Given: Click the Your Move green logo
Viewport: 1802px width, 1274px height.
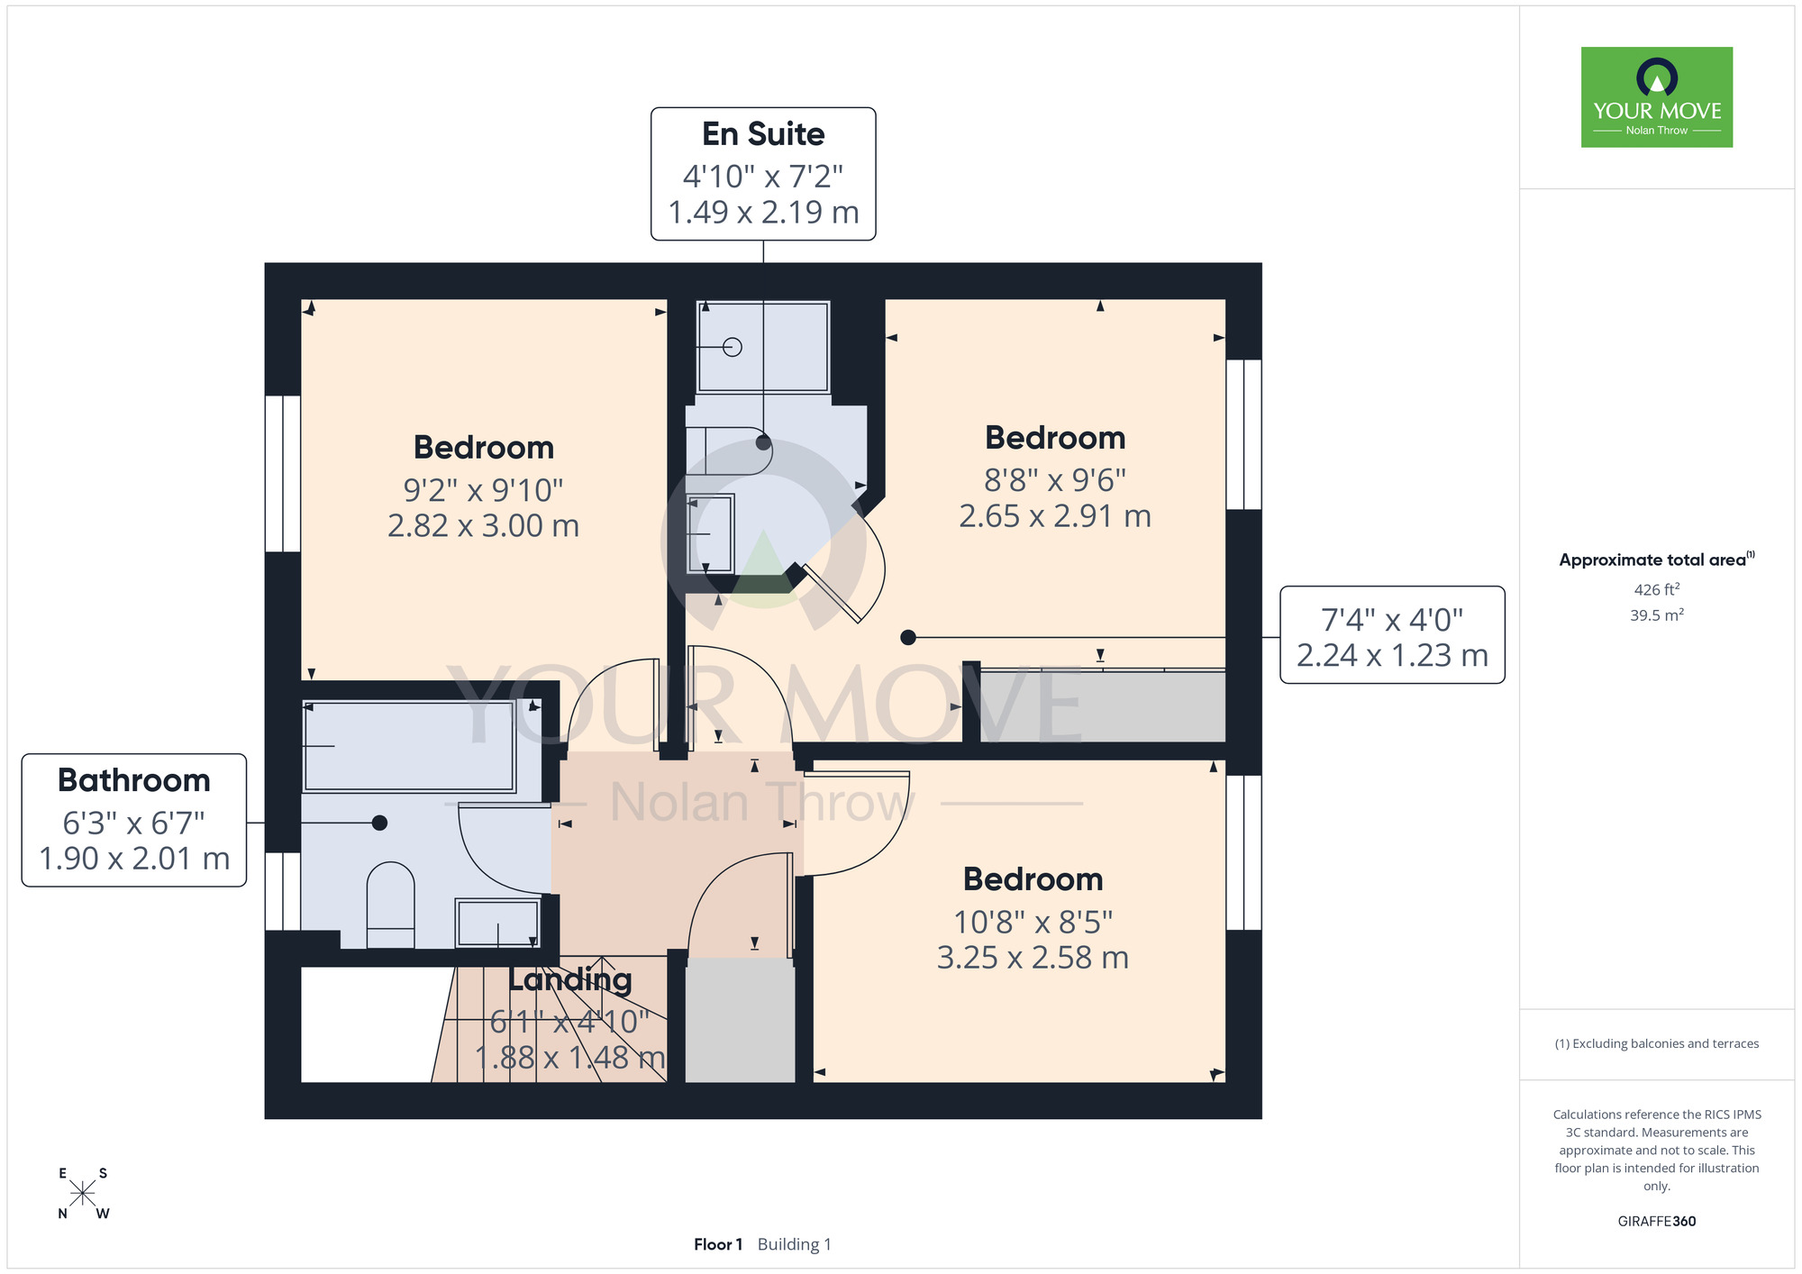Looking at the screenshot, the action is point(1656,97).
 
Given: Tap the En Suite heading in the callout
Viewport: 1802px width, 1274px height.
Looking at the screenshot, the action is point(763,134).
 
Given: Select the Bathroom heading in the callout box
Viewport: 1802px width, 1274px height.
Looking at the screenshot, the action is point(134,780).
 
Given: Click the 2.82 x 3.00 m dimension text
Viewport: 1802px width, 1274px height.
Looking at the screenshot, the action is point(483,525).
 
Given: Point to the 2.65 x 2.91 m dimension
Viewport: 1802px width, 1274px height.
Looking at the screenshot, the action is point(1055,516).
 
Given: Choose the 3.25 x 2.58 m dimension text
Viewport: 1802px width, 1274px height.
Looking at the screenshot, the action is point(1033,957).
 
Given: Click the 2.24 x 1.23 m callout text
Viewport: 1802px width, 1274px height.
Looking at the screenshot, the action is point(1392,655).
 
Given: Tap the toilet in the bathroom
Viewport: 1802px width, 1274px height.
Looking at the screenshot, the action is point(391,905).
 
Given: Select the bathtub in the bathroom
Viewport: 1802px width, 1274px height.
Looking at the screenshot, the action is point(409,746).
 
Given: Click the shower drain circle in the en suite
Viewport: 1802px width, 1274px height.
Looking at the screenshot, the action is point(733,347).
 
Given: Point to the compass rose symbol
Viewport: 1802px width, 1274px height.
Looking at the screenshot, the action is point(82,1194).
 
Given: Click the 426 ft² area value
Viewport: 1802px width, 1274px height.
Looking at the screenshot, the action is point(1657,589).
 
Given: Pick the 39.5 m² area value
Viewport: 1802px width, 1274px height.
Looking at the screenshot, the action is point(1657,615).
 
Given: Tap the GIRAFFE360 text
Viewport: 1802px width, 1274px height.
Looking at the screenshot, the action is point(1657,1222).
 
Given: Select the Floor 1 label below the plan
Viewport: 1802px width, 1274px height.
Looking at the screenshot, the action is point(718,1244).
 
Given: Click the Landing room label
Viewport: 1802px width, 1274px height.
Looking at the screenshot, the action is point(570,979).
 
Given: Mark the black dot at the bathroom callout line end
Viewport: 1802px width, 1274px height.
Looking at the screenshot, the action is point(380,823).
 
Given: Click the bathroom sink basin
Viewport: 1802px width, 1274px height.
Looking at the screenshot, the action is point(498,923).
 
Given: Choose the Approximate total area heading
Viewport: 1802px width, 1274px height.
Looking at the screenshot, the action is point(1657,560).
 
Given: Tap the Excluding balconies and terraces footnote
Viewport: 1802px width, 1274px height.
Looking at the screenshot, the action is point(1657,1043).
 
